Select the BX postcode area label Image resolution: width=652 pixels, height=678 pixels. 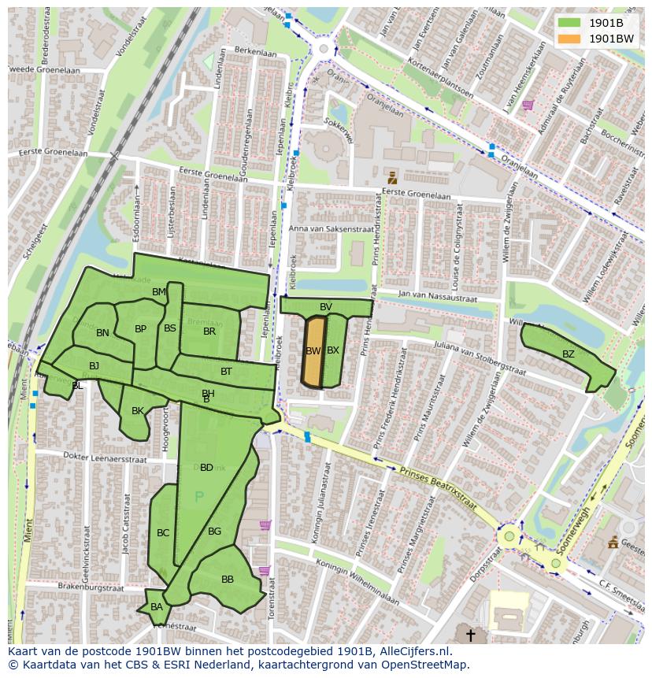(x=333, y=350)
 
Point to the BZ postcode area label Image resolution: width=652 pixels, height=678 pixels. (x=569, y=354)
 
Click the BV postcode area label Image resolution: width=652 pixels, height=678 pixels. (x=326, y=306)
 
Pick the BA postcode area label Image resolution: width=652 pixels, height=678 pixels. (x=157, y=606)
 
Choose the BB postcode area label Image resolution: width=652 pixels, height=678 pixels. (x=228, y=580)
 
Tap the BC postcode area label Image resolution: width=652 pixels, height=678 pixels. (x=163, y=533)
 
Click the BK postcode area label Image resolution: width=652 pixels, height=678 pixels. (x=138, y=410)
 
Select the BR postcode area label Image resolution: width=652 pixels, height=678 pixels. (x=209, y=332)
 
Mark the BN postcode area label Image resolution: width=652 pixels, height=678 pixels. (x=102, y=333)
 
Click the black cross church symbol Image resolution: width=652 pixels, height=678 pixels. (x=471, y=634)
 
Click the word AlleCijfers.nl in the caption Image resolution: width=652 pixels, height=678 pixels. (x=413, y=651)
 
